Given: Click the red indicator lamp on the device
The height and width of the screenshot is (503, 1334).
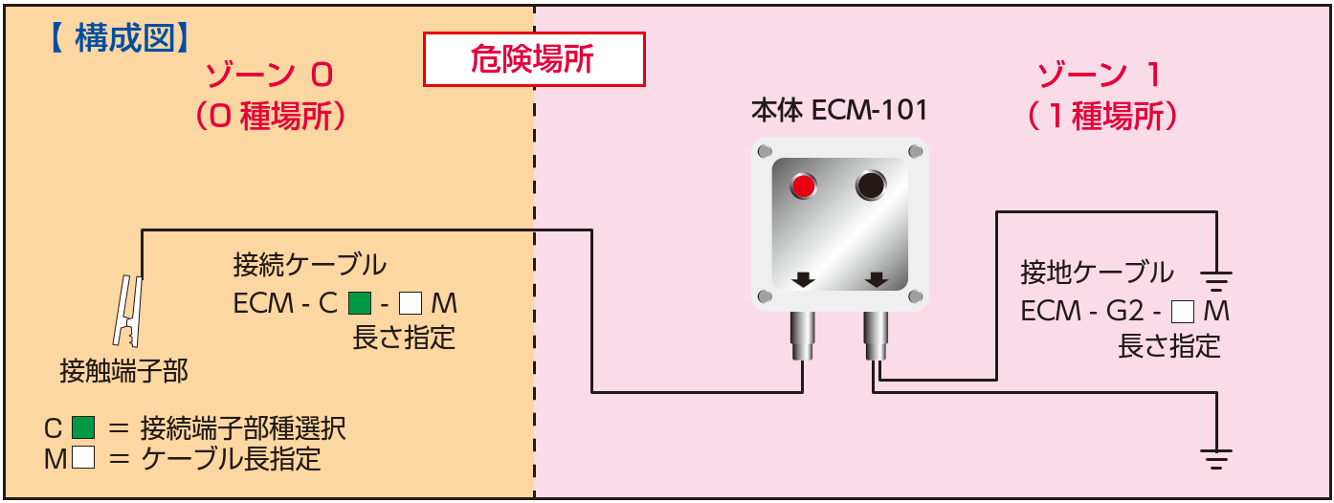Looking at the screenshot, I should [803, 186].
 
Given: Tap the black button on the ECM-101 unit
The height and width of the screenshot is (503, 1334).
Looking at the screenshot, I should [871, 186].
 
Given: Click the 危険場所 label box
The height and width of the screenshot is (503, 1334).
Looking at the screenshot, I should [534, 60].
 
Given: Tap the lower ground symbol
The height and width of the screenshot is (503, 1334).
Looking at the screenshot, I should [1216, 458].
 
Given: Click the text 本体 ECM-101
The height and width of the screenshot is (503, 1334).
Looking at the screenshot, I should [840, 110].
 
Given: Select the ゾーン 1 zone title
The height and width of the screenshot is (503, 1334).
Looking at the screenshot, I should [1102, 76].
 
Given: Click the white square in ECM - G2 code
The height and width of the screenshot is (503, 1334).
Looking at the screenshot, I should [1184, 311].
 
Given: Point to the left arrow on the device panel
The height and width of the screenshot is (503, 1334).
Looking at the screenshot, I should [803, 279].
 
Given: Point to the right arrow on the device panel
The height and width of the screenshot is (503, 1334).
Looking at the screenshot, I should [875, 279].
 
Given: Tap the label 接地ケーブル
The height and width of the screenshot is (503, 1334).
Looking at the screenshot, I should [1097, 273].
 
